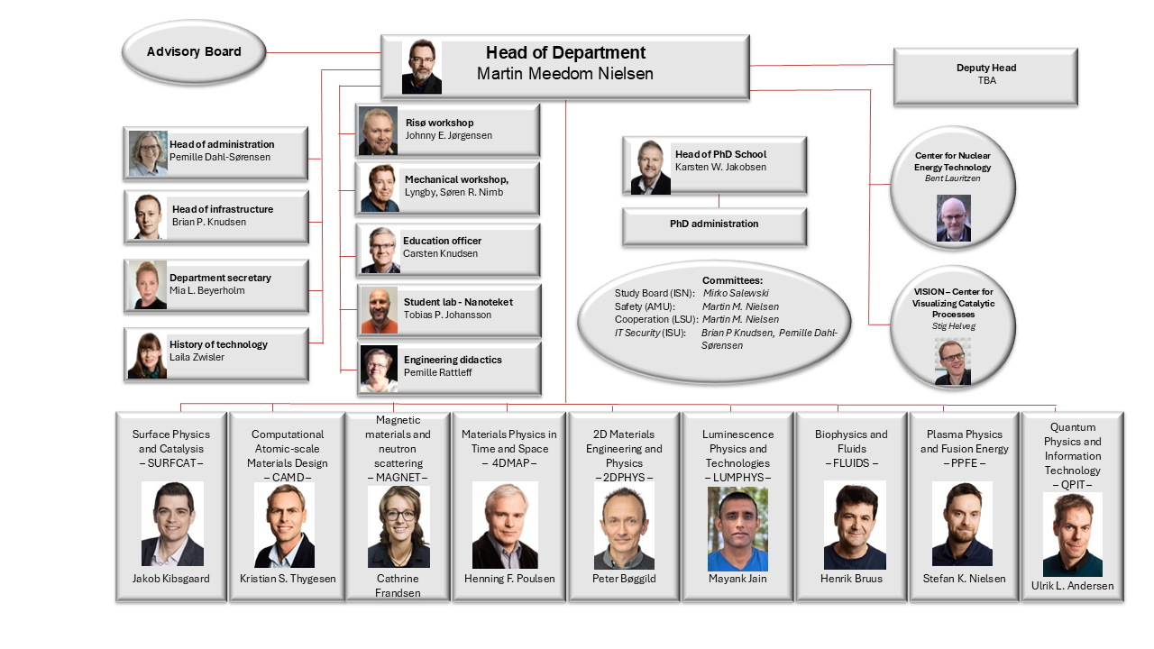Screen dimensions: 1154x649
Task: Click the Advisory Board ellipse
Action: click(194, 52)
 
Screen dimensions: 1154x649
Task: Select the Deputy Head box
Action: click(985, 78)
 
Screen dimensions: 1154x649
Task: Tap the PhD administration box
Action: click(714, 226)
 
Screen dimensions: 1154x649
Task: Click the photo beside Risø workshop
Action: click(378, 131)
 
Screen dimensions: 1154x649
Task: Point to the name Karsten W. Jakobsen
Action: click(720, 167)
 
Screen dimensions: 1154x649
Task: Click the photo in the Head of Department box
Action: click(421, 67)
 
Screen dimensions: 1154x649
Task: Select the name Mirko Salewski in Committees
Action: click(736, 293)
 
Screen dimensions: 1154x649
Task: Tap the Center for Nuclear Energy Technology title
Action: click(953, 161)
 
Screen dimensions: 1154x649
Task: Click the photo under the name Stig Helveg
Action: click(953, 361)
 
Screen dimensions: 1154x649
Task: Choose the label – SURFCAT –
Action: click(171, 463)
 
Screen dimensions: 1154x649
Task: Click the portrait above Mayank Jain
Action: click(737, 529)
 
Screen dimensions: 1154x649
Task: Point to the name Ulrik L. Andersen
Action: click(1072, 586)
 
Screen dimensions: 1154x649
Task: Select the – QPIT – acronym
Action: click(1072, 485)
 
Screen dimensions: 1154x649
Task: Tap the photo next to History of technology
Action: click(147, 355)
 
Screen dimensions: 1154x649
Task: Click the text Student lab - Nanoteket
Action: click(458, 302)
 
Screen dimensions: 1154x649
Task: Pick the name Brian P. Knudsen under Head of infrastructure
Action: click(208, 222)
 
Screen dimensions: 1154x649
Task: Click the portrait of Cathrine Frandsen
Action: click(398, 527)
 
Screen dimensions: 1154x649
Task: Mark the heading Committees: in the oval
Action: click(732, 280)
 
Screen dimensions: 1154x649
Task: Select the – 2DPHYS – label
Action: click(624, 478)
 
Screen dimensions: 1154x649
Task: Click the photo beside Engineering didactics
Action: click(379, 369)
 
